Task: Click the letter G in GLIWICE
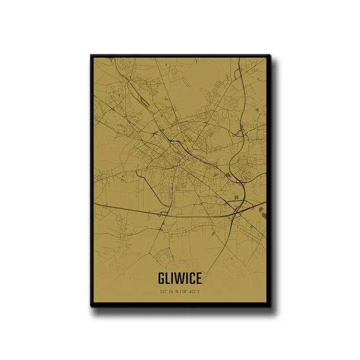[x=161, y=279]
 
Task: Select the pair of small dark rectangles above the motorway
[x=236, y=196]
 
